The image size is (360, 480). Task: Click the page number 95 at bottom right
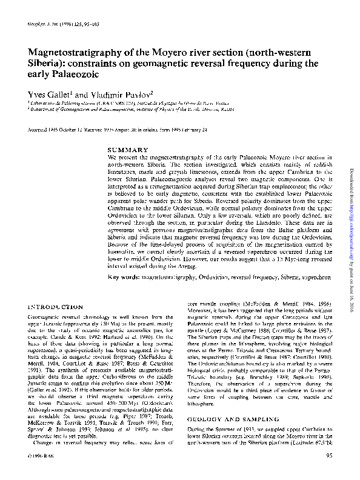pyautogui.click(x=328, y=472)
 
